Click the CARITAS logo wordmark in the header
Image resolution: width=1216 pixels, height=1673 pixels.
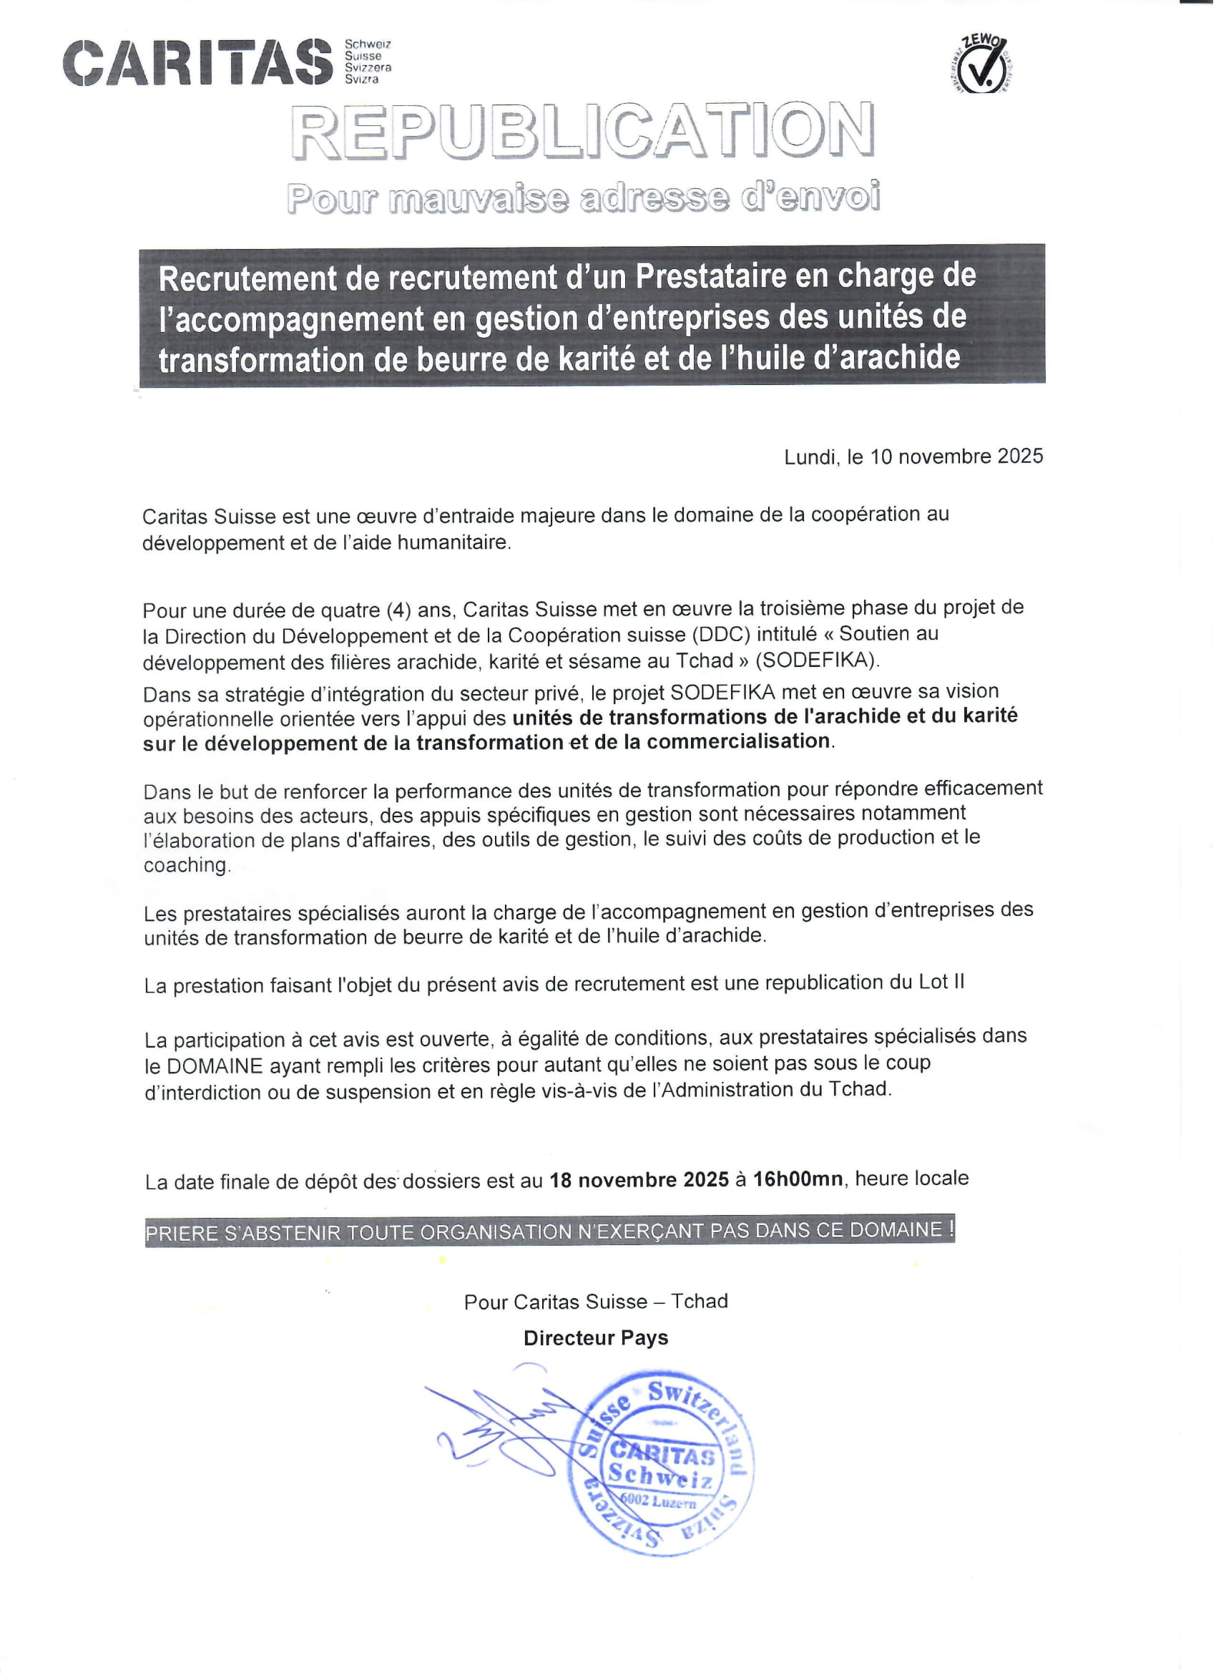point(197,63)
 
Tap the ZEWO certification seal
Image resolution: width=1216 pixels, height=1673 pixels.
point(980,65)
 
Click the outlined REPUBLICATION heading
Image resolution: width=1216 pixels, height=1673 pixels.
point(583,131)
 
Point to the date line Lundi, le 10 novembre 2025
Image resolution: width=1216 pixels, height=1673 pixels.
point(913,457)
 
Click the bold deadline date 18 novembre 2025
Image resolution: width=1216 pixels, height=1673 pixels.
point(639,1179)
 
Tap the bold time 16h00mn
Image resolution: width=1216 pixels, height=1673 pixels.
point(798,1179)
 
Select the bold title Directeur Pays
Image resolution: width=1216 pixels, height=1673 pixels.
point(596,1338)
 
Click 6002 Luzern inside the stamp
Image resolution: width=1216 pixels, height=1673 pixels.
point(659,1501)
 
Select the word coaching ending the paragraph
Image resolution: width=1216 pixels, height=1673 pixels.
point(187,865)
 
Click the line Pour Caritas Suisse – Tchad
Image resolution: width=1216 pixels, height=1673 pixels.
point(596,1301)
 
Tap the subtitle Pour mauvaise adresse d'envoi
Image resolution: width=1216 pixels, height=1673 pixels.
point(583,197)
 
